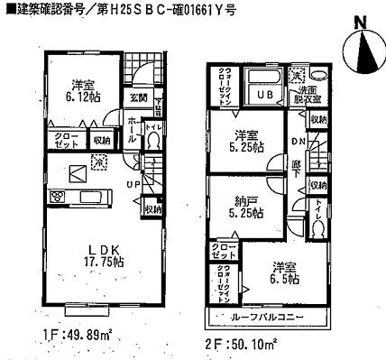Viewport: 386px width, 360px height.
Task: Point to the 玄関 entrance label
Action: pyautogui.click(x=138, y=98)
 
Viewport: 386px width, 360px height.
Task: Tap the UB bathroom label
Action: pyautogui.click(x=266, y=95)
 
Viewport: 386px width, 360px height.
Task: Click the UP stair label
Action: pyautogui.click(x=132, y=185)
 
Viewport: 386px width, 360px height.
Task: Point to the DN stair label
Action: pyautogui.click(x=299, y=143)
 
